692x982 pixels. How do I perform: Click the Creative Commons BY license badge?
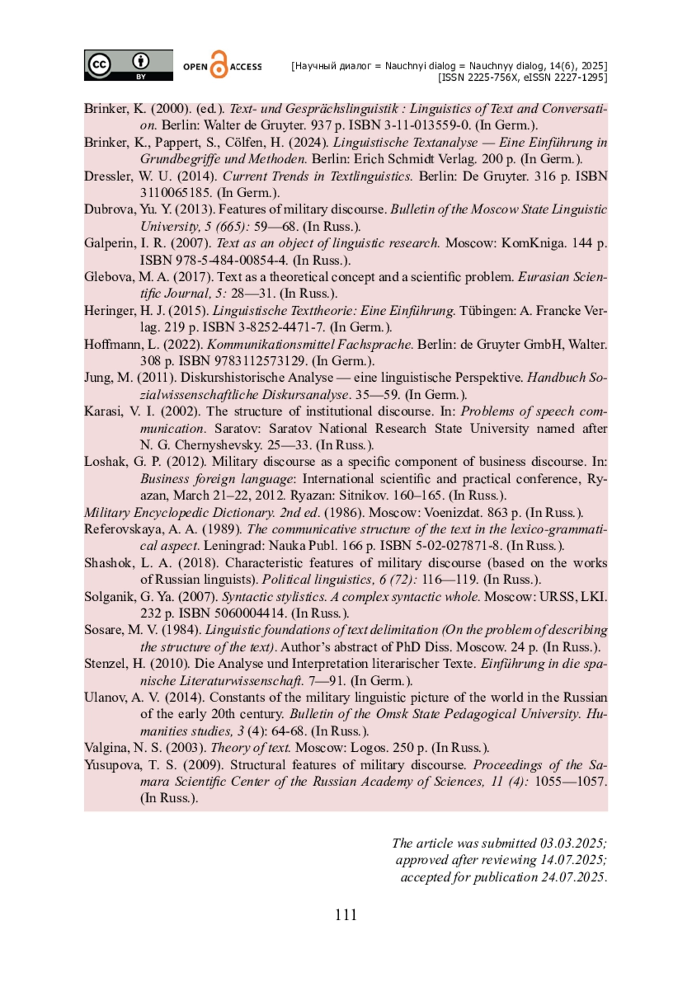128,65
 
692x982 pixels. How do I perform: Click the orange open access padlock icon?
219,65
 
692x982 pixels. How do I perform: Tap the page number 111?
345,915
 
